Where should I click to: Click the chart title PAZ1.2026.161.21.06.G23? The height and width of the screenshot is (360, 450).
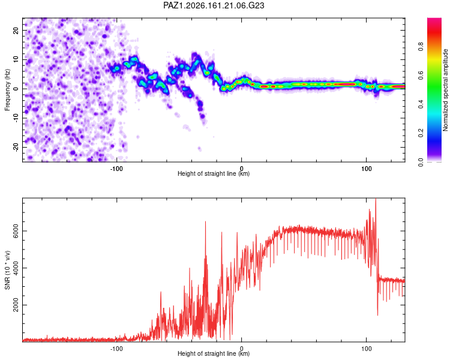(x=214, y=5)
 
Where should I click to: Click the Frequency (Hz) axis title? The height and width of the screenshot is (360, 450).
(x=7, y=89)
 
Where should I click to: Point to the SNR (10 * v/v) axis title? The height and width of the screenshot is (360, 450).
(x=7, y=270)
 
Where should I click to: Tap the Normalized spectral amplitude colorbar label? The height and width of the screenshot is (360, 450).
(x=445, y=90)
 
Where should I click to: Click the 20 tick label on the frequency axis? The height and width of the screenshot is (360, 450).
(x=16, y=31)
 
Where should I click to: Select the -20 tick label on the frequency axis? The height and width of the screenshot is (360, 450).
(x=16, y=147)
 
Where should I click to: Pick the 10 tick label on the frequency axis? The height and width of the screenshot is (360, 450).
(x=16, y=59)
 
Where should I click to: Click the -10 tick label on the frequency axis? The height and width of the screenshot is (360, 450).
(x=16, y=118)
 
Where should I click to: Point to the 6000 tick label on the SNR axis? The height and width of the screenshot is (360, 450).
(x=16, y=231)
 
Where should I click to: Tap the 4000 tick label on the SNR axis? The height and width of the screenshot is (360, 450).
(x=16, y=268)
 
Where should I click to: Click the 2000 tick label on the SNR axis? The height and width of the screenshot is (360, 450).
(x=16, y=305)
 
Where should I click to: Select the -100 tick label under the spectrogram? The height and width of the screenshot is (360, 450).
(x=116, y=169)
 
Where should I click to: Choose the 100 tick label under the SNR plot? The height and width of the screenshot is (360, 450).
(x=366, y=349)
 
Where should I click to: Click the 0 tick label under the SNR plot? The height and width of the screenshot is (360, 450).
(x=242, y=349)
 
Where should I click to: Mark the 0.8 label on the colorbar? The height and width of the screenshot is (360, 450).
(x=421, y=46)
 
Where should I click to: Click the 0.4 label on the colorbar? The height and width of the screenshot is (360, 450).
(x=421, y=104)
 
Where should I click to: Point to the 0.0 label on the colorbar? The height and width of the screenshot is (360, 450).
(x=421, y=162)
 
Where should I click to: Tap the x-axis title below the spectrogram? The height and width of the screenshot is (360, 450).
(x=214, y=173)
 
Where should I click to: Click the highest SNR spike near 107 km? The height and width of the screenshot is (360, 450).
(x=376, y=199)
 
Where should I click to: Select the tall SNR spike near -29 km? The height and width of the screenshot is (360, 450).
(x=205, y=221)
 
